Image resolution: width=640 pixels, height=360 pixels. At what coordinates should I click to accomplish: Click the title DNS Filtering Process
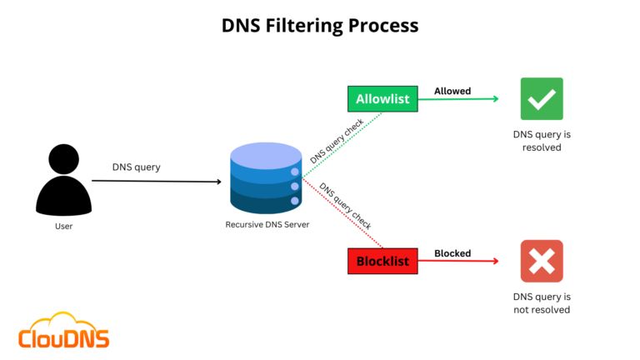[320, 26]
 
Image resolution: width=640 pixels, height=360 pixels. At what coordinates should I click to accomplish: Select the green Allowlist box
[382, 99]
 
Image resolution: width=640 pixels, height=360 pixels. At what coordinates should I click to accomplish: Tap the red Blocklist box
[382, 261]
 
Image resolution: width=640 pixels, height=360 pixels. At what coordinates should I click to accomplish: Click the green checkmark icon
[542, 98]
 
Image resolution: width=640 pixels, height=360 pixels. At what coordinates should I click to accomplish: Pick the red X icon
[542, 261]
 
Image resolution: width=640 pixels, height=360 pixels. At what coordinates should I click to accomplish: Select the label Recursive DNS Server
[267, 225]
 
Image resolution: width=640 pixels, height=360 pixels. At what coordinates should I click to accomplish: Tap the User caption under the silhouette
[63, 226]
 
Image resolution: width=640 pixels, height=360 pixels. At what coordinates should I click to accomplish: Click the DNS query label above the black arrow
[137, 167]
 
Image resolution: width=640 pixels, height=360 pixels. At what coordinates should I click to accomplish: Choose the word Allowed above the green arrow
[452, 91]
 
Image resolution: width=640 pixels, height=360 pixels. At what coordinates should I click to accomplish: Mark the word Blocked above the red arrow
[452, 253]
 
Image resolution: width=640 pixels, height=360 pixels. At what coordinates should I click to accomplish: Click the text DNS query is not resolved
[542, 302]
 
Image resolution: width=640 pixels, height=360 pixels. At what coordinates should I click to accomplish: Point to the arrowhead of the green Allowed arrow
[495, 99]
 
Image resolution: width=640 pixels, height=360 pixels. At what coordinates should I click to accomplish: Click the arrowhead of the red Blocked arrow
[495, 261]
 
